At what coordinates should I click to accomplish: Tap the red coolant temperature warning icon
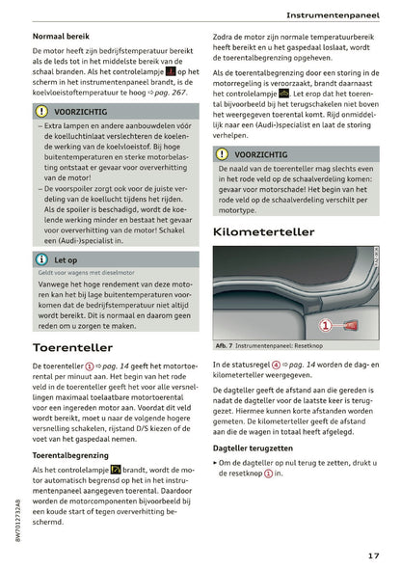[170, 71]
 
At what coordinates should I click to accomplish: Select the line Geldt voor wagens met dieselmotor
[86, 275]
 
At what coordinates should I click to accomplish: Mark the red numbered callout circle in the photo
[326, 324]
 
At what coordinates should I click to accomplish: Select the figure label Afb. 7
[226, 346]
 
